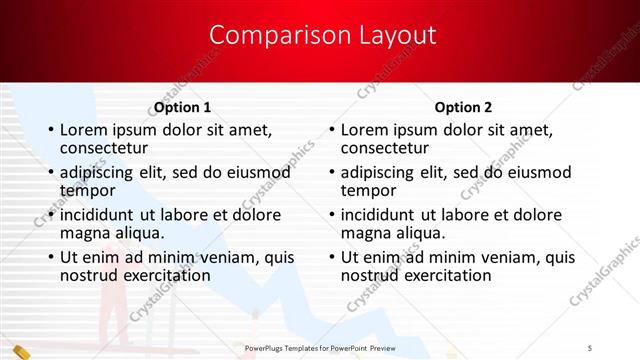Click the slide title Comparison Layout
[x=322, y=36]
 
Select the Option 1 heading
[x=182, y=107]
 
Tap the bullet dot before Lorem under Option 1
[x=50, y=130]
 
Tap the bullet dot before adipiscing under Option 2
[x=331, y=173]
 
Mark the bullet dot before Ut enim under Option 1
[x=50, y=258]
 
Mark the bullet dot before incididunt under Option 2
[x=331, y=215]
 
